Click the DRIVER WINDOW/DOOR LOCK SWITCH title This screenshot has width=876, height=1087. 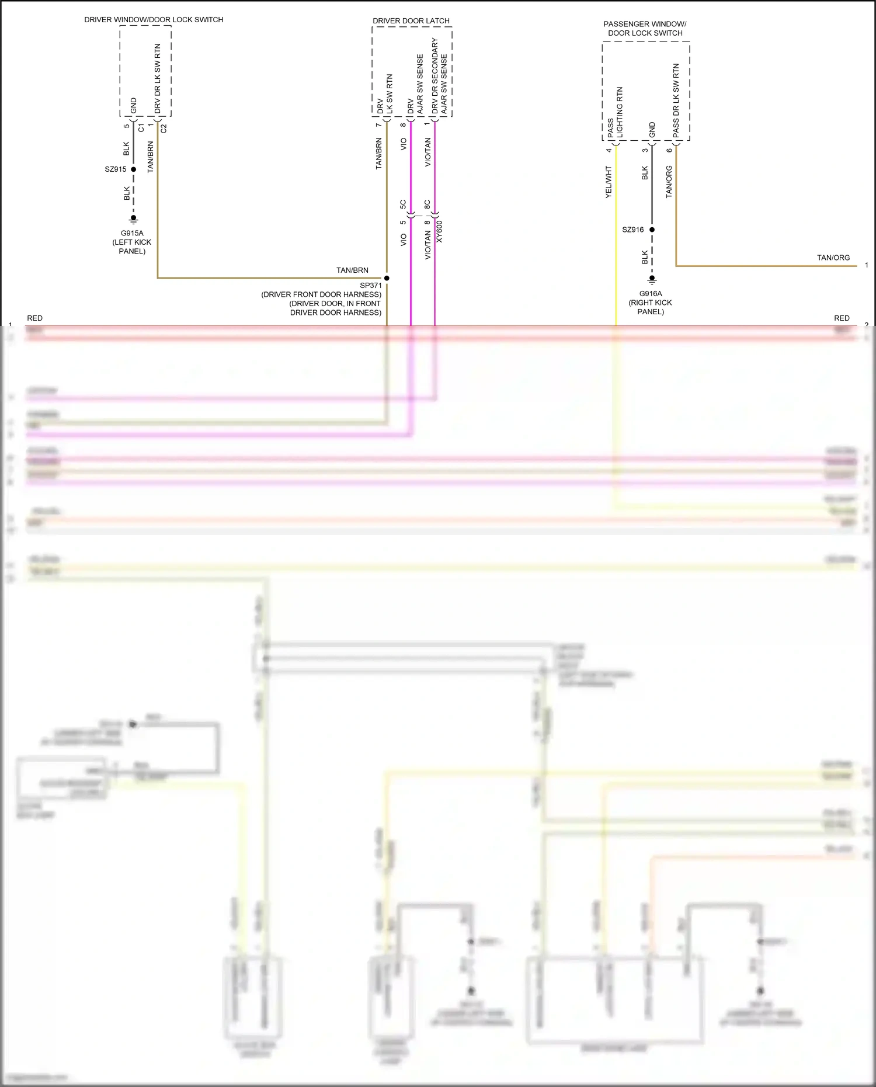point(154,20)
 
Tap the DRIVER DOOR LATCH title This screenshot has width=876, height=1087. point(411,21)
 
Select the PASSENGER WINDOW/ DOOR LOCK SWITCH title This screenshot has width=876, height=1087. point(645,29)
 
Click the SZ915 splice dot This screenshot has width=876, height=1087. point(134,169)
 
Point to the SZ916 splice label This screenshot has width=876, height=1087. point(633,230)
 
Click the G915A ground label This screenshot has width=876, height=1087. point(132,233)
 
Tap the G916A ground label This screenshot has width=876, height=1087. point(651,294)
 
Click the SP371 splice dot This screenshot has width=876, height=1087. point(387,278)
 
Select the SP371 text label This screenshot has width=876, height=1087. point(371,286)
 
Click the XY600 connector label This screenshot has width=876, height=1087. point(440,232)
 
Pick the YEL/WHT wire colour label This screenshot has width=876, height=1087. point(609,182)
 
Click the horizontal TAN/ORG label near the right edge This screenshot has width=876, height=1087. point(833,258)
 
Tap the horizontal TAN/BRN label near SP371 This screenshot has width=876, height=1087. point(352,270)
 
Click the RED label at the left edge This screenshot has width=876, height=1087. point(34,318)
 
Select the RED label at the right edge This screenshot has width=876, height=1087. point(842,318)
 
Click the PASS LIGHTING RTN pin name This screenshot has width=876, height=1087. point(615,113)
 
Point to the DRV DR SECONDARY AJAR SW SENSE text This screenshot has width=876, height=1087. point(439,76)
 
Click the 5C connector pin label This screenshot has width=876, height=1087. point(403,204)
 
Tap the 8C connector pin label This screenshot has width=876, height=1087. point(427,204)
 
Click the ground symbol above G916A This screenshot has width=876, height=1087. point(652,279)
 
